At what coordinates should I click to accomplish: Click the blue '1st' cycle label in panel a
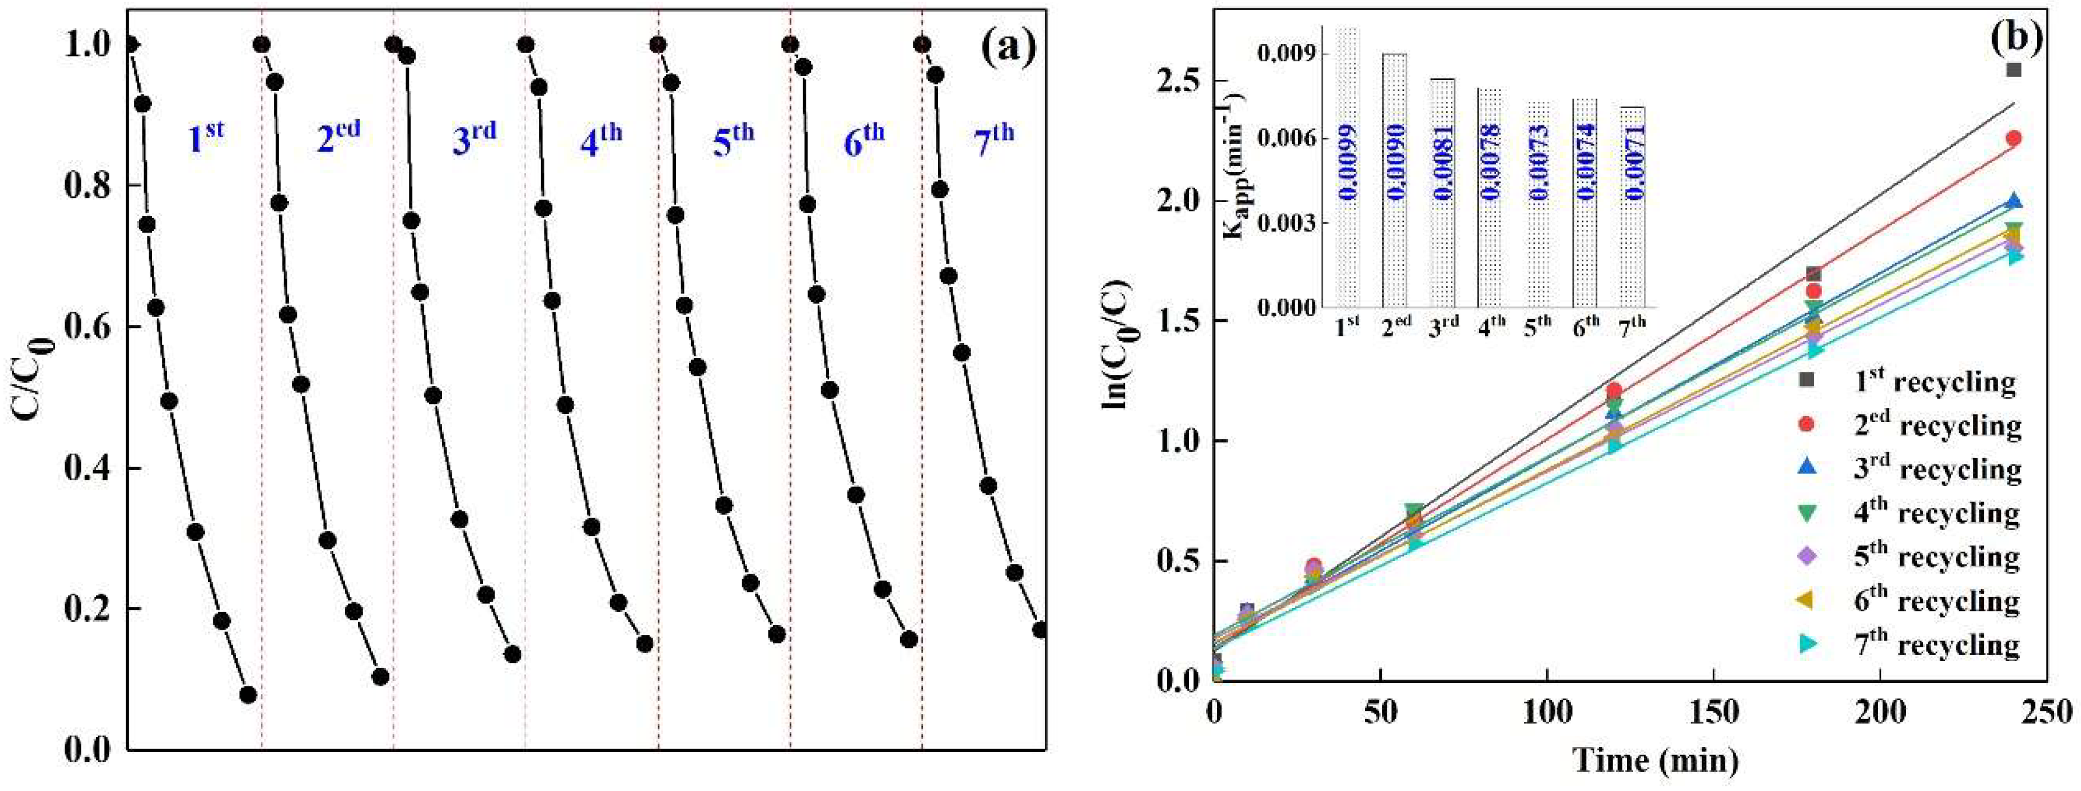coord(206,137)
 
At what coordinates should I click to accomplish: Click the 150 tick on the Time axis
coord(1713,712)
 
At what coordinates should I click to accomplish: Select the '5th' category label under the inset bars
coord(1539,325)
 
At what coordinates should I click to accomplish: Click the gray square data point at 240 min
coord(2014,70)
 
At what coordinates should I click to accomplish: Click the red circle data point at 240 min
coord(2014,138)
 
